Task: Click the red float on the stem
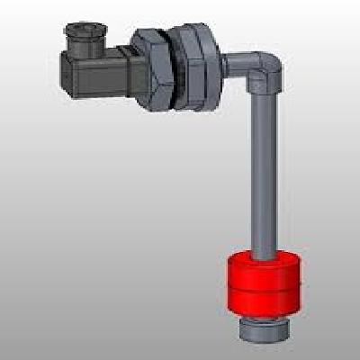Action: [263, 284]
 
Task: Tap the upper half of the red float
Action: [263, 271]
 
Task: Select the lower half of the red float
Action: [263, 301]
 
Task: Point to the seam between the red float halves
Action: [263, 287]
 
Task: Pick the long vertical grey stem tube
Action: [262, 171]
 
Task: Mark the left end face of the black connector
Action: [64, 72]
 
